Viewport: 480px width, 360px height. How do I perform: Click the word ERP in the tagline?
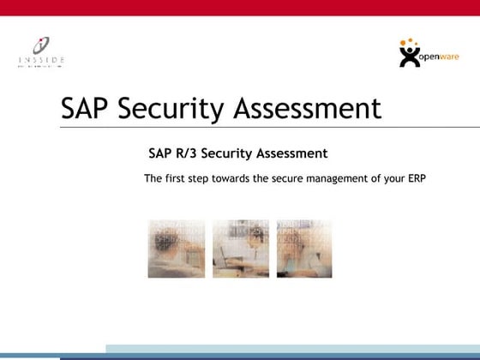click(416, 179)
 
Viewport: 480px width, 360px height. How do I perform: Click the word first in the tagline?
click(177, 179)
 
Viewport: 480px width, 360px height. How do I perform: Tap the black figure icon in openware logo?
click(411, 55)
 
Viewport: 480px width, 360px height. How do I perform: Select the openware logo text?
click(441, 57)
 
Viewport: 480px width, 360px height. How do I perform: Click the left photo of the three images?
click(176, 249)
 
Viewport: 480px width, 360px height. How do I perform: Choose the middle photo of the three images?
click(241, 249)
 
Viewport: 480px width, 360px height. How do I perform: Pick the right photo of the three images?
click(303, 249)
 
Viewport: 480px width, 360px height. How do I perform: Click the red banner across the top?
click(240, 8)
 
